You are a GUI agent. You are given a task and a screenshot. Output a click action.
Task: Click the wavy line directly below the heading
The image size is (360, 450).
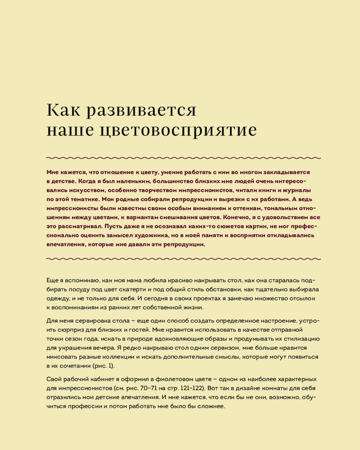184,158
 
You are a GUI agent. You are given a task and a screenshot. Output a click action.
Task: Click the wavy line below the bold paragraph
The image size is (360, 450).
184,259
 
